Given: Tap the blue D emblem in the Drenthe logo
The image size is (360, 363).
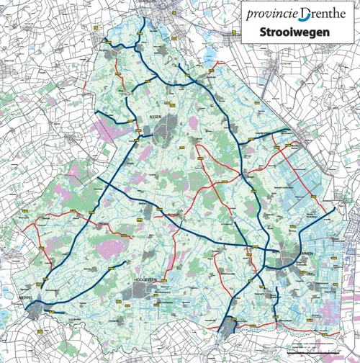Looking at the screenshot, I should click(307, 14).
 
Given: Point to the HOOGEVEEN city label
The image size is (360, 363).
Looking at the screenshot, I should click(145, 277).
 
